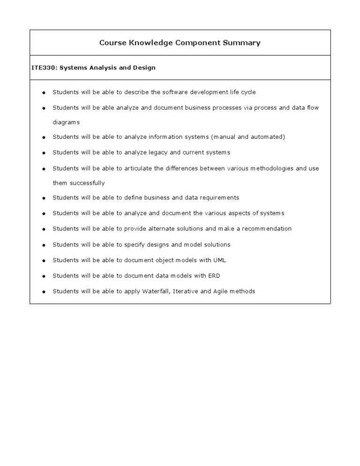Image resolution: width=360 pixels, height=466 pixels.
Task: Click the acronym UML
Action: point(219,260)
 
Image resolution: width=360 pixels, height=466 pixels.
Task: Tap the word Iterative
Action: point(186,291)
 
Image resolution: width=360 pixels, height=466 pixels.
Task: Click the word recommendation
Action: point(267,229)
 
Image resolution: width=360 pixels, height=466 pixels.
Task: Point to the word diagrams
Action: point(66,122)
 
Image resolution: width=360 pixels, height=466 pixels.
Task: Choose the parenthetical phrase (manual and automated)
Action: point(247,137)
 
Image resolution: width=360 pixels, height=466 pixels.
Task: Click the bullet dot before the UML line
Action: point(44,261)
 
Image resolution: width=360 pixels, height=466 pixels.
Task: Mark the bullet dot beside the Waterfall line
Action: point(44,292)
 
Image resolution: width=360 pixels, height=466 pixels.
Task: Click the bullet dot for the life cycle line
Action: point(44,93)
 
